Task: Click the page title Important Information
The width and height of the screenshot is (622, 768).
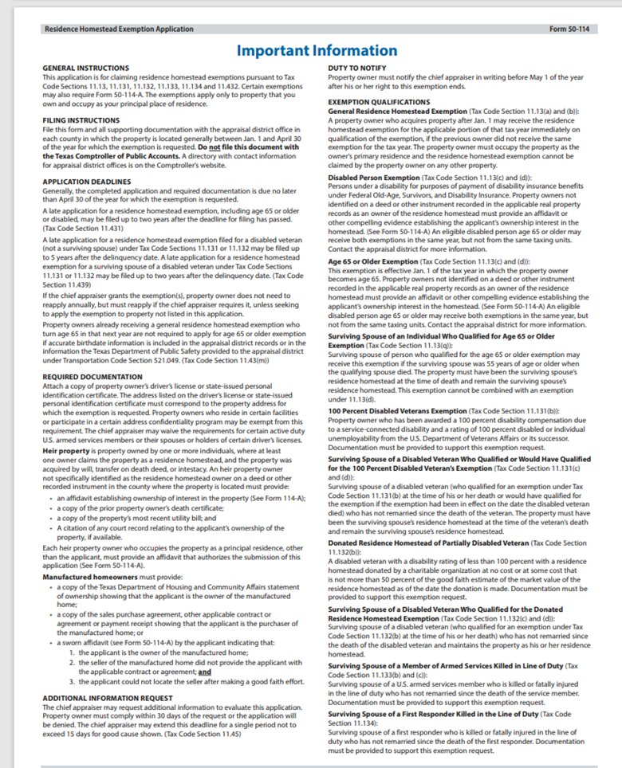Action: (x=317, y=51)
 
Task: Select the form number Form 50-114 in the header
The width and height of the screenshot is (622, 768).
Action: (x=569, y=29)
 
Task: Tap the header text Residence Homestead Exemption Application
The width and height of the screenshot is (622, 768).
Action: (x=119, y=29)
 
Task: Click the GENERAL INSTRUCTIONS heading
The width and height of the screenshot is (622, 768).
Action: (x=85, y=69)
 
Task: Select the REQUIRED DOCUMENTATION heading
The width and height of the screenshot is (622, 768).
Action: (x=93, y=376)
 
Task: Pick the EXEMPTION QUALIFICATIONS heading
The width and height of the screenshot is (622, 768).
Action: (x=380, y=103)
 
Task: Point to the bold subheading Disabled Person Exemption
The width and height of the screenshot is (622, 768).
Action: (x=374, y=176)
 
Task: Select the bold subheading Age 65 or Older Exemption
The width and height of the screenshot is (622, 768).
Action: (x=374, y=261)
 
